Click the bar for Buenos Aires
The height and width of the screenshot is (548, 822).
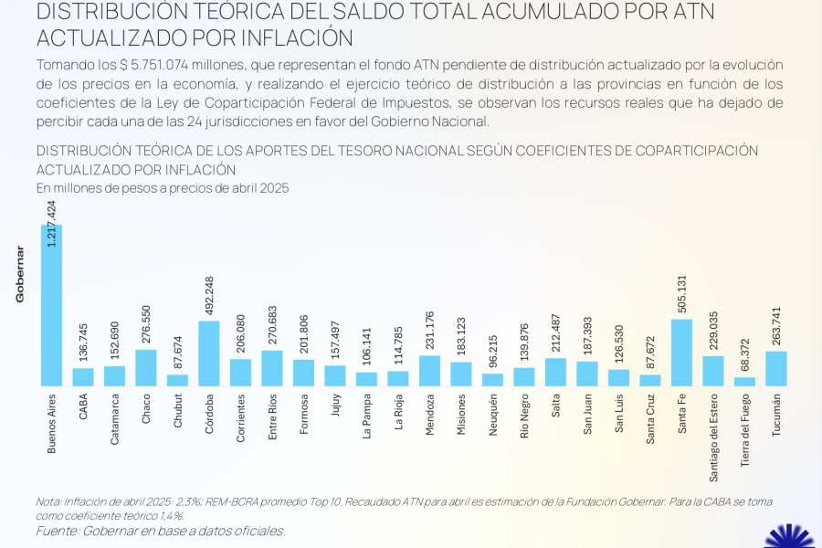(x=51, y=305)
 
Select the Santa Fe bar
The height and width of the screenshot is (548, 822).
(x=681, y=353)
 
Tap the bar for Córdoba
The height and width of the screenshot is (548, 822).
(x=209, y=353)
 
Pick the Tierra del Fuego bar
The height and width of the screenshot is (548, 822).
(x=744, y=381)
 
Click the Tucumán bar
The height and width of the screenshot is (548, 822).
(x=776, y=368)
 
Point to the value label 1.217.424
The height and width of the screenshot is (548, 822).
(x=52, y=225)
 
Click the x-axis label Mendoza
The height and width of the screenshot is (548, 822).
(x=430, y=415)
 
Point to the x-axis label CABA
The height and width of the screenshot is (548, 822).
(x=83, y=406)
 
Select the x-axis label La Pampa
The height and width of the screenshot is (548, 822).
(x=367, y=416)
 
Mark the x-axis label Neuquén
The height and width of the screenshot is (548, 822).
(x=493, y=416)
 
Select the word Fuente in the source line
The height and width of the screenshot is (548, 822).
(x=57, y=531)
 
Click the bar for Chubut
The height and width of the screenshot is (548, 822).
(x=178, y=380)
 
